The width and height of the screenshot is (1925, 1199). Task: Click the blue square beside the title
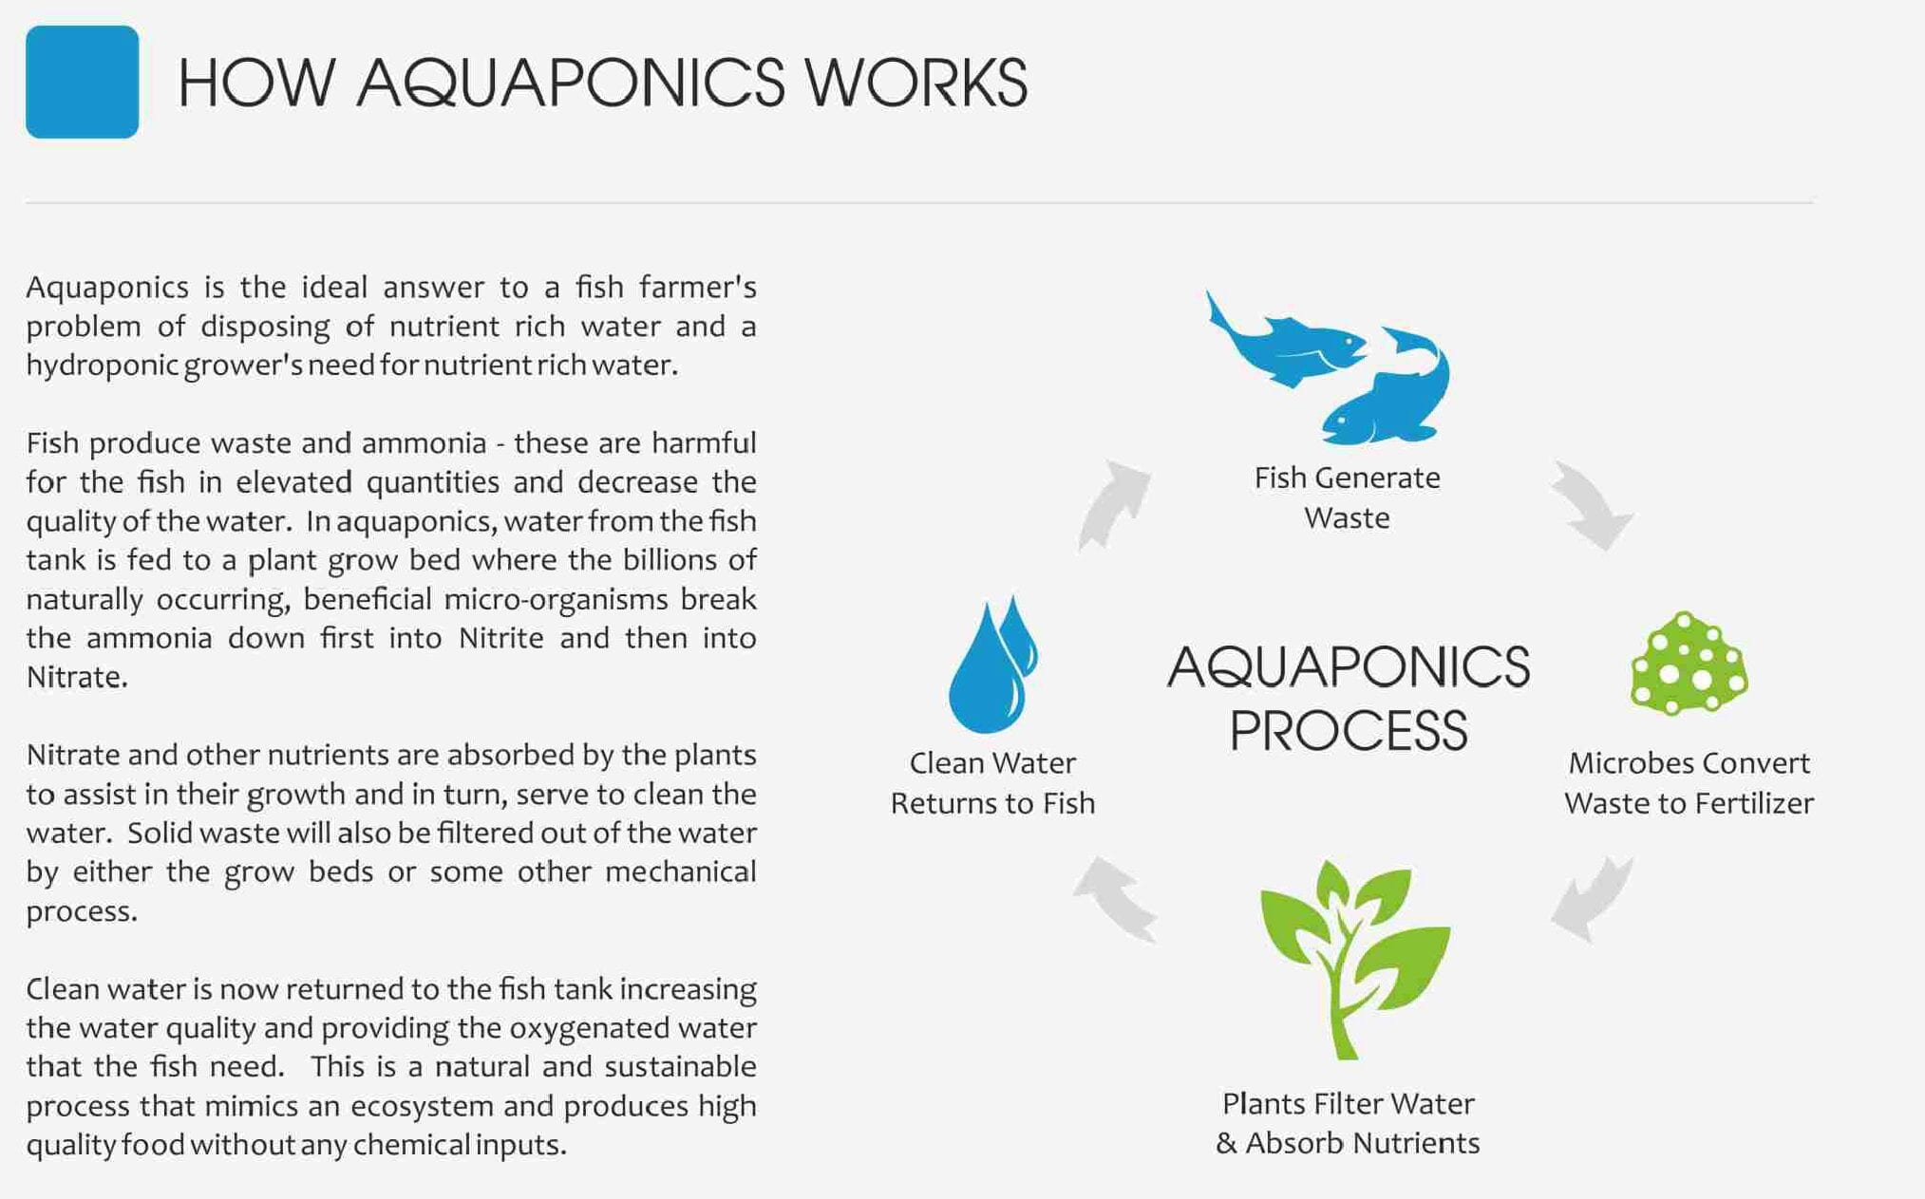(83, 82)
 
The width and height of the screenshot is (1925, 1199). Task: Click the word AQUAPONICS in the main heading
(571, 83)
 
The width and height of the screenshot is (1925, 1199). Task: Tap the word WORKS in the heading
(916, 82)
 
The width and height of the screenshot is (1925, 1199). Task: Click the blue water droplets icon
(992, 665)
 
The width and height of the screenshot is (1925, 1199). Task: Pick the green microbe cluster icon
(1689, 663)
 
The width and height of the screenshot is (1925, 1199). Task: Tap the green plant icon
(1355, 959)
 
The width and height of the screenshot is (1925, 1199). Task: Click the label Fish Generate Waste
(1347, 497)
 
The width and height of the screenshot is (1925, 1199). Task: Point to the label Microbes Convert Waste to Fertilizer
(1689, 783)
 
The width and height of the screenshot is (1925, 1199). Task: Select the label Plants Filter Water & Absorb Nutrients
(1348, 1123)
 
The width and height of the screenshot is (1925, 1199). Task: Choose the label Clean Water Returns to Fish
(992, 783)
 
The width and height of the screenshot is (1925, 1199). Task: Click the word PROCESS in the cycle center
(1349, 730)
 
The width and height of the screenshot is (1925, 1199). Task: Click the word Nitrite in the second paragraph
(500, 638)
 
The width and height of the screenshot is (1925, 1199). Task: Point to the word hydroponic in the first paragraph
(102, 365)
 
